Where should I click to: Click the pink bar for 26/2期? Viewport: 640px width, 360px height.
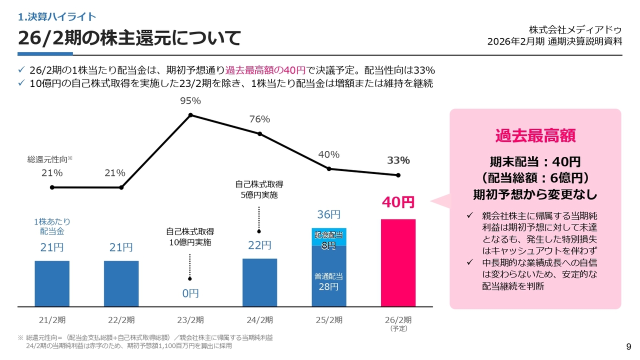point(398,262)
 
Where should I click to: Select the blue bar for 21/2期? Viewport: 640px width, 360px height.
point(52,283)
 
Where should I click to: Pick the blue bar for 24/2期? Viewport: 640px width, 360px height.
point(259,282)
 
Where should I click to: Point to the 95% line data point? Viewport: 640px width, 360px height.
point(190,115)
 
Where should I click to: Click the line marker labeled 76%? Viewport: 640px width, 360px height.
point(259,133)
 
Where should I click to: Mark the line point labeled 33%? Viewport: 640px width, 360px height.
point(398,175)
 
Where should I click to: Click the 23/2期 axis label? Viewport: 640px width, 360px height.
point(190,320)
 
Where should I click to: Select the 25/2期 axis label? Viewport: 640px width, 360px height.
point(329,320)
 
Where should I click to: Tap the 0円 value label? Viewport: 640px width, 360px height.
point(190,293)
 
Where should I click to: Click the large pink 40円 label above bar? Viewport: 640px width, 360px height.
point(398,202)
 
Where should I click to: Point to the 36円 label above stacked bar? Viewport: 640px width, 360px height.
point(329,214)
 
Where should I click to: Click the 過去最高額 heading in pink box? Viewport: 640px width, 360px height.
point(535,135)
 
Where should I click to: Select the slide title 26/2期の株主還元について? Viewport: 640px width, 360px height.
point(129,38)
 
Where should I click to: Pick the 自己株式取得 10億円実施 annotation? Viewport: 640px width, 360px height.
point(190,237)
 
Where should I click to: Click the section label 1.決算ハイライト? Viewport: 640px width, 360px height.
point(56,17)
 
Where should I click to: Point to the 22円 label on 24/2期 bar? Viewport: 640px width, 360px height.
point(259,245)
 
